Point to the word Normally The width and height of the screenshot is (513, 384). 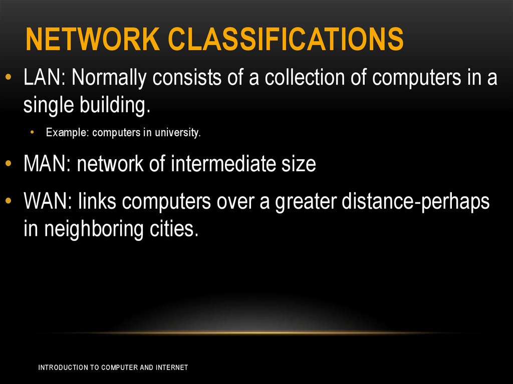(x=109, y=78)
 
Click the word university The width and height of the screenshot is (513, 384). (x=178, y=133)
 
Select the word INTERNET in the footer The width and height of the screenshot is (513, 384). (x=172, y=367)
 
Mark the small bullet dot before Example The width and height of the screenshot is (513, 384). (x=33, y=133)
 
